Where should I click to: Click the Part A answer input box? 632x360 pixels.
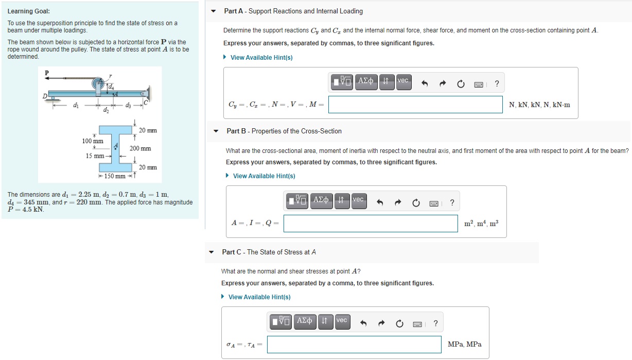tap(415, 105)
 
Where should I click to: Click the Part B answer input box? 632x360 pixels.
tap(371, 224)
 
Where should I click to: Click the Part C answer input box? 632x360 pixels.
tap(354, 345)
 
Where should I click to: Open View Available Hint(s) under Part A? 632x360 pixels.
tap(261, 57)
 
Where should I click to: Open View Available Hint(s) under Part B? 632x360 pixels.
tap(264, 176)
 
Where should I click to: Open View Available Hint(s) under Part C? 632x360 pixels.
tap(259, 297)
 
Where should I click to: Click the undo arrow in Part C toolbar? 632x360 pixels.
tap(363, 323)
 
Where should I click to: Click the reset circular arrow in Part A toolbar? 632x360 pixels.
tap(461, 84)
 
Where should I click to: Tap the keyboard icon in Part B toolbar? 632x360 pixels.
tap(434, 203)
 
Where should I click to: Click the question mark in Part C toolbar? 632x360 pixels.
tap(435, 323)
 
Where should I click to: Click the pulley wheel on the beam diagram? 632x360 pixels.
tap(98, 83)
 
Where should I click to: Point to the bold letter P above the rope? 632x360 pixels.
tap(47, 73)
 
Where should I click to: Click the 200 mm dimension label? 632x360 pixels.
tap(140, 148)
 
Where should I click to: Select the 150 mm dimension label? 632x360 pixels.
tap(115, 176)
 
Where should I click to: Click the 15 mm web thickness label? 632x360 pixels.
tap(95, 156)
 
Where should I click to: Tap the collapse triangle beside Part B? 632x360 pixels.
tap(216, 131)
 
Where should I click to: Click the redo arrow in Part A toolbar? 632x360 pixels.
tap(443, 83)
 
